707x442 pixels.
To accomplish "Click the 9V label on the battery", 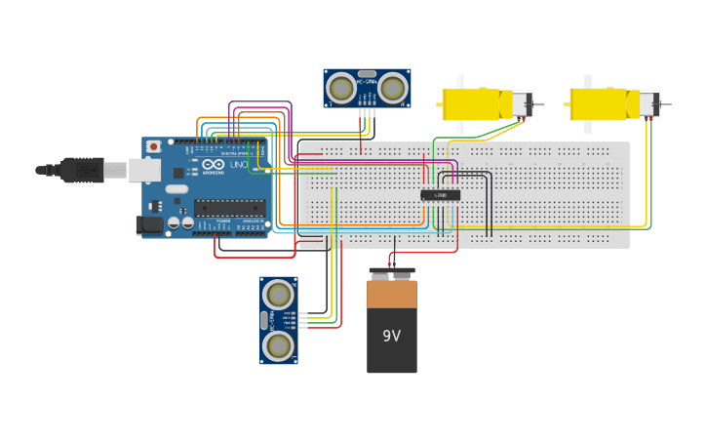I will [x=391, y=337].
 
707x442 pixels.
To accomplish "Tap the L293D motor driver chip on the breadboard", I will [x=440, y=195].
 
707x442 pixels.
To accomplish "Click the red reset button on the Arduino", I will [x=153, y=147].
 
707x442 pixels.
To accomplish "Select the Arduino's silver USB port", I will [x=144, y=170].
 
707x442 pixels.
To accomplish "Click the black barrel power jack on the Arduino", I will [x=148, y=224].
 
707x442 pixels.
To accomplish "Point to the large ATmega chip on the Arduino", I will [x=229, y=207].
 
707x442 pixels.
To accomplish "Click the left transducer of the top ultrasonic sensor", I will [x=340, y=89].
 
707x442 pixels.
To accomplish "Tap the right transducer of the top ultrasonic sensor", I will [x=392, y=89].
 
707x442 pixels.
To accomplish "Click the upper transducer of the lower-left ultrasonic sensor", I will [x=278, y=294].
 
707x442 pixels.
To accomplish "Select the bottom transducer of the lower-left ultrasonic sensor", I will [x=278, y=345].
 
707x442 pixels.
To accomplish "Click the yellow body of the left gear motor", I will [x=470, y=103].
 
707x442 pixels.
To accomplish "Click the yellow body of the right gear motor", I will [x=597, y=103].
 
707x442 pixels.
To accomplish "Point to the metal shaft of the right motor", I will [x=666, y=104].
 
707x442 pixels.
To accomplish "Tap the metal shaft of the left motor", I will [x=539, y=104].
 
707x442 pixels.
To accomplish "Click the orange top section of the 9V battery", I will [x=391, y=294].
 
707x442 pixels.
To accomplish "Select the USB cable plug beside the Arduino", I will [x=82, y=170].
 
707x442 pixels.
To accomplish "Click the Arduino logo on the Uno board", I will [x=214, y=165].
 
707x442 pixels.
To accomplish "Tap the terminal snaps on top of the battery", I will [x=391, y=273].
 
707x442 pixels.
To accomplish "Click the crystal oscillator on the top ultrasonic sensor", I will [x=367, y=74].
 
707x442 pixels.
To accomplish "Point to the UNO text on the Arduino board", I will [x=238, y=165].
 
